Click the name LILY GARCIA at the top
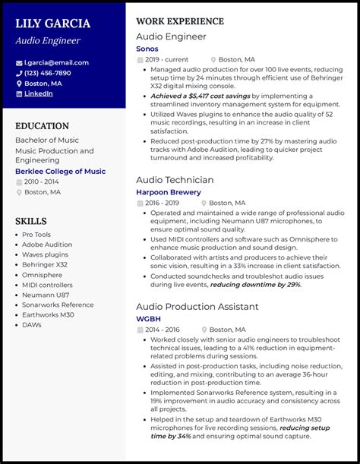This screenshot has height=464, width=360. tap(52, 24)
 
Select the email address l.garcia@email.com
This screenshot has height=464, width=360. tap(56, 62)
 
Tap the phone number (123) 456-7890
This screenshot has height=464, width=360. tap(47, 73)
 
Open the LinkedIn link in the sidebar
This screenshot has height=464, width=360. tap(38, 93)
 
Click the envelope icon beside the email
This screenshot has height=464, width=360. tap(19, 63)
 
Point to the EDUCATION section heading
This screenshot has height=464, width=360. tap(42, 126)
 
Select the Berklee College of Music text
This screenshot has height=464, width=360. tap(60, 172)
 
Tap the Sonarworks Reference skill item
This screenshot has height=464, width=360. tap(58, 305)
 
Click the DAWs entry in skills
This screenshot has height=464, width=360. tap(32, 324)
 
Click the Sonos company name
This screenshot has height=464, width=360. tap(147, 49)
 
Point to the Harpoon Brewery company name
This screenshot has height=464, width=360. tap(169, 192)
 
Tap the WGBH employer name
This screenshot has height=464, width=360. tap(150, 320)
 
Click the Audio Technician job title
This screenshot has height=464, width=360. tap(175, 179)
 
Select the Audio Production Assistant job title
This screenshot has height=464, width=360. tap(197, 307)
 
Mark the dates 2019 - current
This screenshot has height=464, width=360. tap(166, 59)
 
